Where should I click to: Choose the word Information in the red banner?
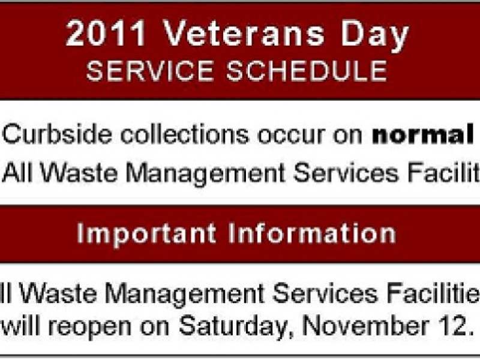311,233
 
